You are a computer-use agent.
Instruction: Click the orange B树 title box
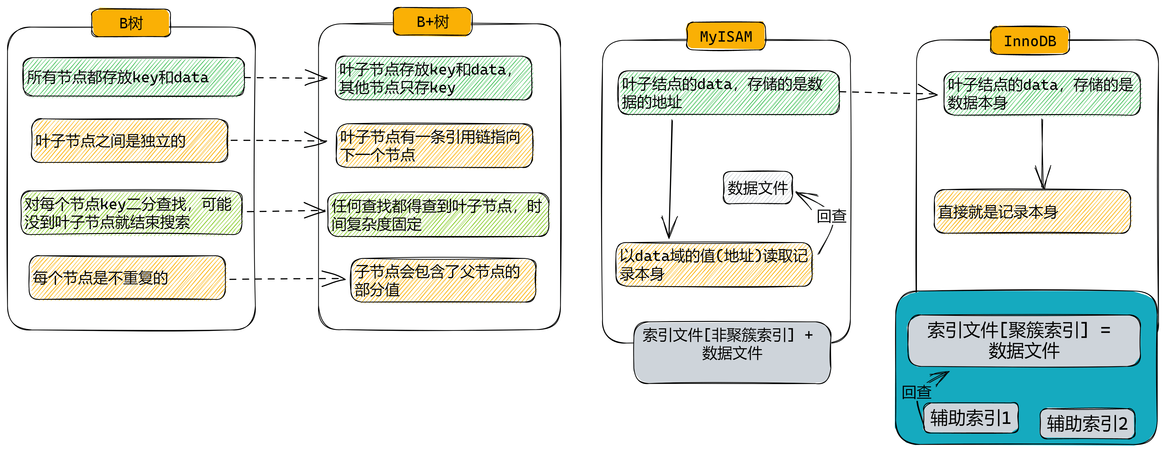[x=131, y=23]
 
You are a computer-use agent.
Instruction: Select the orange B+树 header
[x=432, y=21]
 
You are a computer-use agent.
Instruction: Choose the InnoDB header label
[x=1030, y=41]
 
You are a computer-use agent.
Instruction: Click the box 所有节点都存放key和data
[x=134, y=77]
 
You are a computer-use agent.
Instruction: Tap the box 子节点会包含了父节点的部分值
[x=443, y=280]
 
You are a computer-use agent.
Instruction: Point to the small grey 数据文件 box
[x=758, y=188]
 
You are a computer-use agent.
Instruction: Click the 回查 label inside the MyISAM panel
[x=831, y=216]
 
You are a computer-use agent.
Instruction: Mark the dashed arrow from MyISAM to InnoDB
[x=888, y=93]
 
